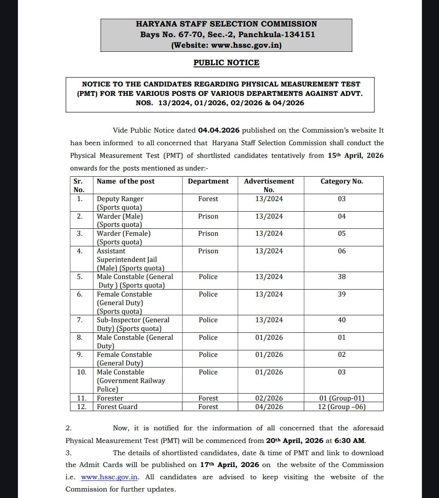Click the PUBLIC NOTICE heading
point(226,62)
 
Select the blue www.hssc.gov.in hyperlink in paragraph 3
point(110,477)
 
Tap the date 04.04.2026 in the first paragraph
point(219,131)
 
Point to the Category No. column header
point(341,181)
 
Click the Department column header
point(208,181)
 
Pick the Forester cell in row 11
point(110,398)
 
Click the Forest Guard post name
point(117,407)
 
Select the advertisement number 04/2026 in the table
point(269,407)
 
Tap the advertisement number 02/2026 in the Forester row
point(269,398)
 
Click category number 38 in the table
point(342,277)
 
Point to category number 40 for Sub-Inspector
point(342,320)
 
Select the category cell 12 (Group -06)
point(342,407)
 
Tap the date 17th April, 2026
point(229,465)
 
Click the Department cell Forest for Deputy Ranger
point(208,199)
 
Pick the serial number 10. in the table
point(81,372)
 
